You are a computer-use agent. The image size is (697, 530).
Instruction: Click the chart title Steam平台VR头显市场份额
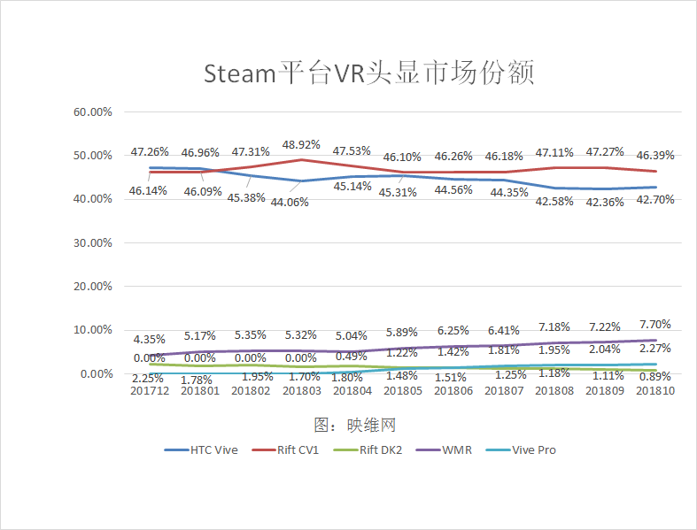pyautogui.click(x=369, y=73)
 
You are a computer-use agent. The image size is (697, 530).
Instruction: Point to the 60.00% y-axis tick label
pyautogui.click(x=92, y=112)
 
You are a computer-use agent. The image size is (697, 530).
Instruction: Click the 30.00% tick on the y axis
pyautogui.click(x=92, y=242)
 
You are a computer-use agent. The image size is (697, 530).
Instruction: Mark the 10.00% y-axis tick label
pyautogui.click(x=92, y=330)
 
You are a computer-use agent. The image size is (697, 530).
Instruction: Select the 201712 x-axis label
pyautogui.click(x=151, y=392)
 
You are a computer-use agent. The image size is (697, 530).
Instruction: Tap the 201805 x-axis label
pyautogui.click(x=403, y=392)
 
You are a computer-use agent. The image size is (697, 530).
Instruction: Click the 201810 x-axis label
pyautogui.click(x=655, y=392)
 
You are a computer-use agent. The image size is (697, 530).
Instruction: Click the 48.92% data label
pyautogui.click(x=301, y=144)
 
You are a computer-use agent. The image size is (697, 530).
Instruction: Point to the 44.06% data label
pyautogui.click(x=301, y=202)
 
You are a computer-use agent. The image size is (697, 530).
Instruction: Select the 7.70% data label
pyautogui.click(x=655, y=324)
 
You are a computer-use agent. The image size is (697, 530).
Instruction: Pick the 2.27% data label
pyautogui.click(x=655, y=348)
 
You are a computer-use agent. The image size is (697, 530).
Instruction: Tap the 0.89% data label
pyautogui.click(x=655, y=377)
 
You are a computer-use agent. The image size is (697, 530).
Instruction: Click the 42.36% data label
pyautogui.click(x=605, y=201)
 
